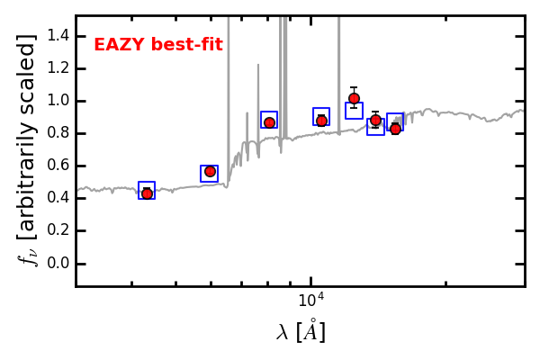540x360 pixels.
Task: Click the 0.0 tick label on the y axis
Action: tap(58, 264)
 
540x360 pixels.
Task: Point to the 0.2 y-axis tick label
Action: tap(58, 231)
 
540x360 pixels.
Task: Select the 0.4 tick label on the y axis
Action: tap(58, 199)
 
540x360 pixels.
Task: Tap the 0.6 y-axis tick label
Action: tap(58, 166)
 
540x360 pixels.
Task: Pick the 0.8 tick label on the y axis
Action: tap(58, 134)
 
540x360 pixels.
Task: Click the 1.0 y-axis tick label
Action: tap(58, 102)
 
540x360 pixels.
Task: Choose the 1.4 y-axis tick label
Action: tap(58, 36)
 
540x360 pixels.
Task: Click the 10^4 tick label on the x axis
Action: tap(311, 301)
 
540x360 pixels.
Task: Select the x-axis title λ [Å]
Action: tap(301, 331)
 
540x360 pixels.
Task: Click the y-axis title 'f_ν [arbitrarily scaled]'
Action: tap(27, 150)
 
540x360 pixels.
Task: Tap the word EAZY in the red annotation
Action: tap(115, 45)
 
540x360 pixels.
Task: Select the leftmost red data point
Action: tap(147, 193)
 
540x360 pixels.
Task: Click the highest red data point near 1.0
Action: tap(354, 98)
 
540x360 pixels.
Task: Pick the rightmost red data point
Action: tap(395, 129)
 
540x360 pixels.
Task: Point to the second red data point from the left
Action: tap(210, 171)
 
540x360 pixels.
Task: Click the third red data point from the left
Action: tap(269, 122)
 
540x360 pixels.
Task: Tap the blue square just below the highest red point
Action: tap(354, 111)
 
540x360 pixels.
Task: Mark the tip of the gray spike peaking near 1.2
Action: tap(258, 65)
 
